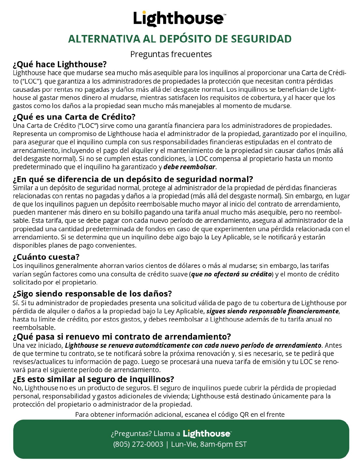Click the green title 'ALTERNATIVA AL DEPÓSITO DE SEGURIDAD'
point(180,39)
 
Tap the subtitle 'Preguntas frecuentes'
point(171,54)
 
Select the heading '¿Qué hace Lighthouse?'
point(60,64)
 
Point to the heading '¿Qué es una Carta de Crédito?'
point(74,117)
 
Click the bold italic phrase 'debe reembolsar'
point(189,167)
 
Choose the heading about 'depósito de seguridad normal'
point(133,179)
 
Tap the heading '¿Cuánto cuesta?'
point(46,257)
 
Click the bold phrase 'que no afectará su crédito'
point(231,274)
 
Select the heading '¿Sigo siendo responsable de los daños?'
point(92,293)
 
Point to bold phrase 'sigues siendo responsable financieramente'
point(273,311)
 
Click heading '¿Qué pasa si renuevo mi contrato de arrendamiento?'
point(122,337)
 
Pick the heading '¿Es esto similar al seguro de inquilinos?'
point(93,379)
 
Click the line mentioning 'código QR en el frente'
point(180,414)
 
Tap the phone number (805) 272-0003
point(138,444)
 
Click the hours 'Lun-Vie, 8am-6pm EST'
point(209,444)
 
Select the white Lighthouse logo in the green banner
point(207,434)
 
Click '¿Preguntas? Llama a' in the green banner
point(145,434)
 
